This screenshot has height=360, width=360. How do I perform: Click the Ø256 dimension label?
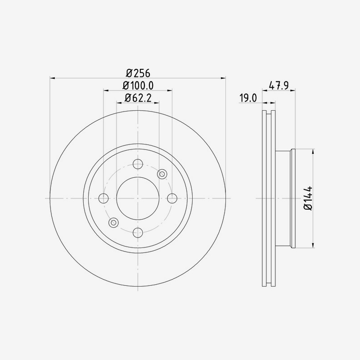138,73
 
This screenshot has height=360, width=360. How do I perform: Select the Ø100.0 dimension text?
138,85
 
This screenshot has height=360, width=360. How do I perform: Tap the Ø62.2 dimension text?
138,97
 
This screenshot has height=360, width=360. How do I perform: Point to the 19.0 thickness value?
247,97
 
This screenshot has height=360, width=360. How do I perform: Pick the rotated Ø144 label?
308,198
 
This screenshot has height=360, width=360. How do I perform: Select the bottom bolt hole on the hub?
138,232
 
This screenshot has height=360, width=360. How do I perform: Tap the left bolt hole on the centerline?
103,198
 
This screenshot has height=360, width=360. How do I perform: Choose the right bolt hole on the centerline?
171,198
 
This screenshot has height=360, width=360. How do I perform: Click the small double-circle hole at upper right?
162,174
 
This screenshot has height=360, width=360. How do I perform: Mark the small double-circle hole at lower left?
113,222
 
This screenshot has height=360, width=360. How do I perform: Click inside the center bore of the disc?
138,198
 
